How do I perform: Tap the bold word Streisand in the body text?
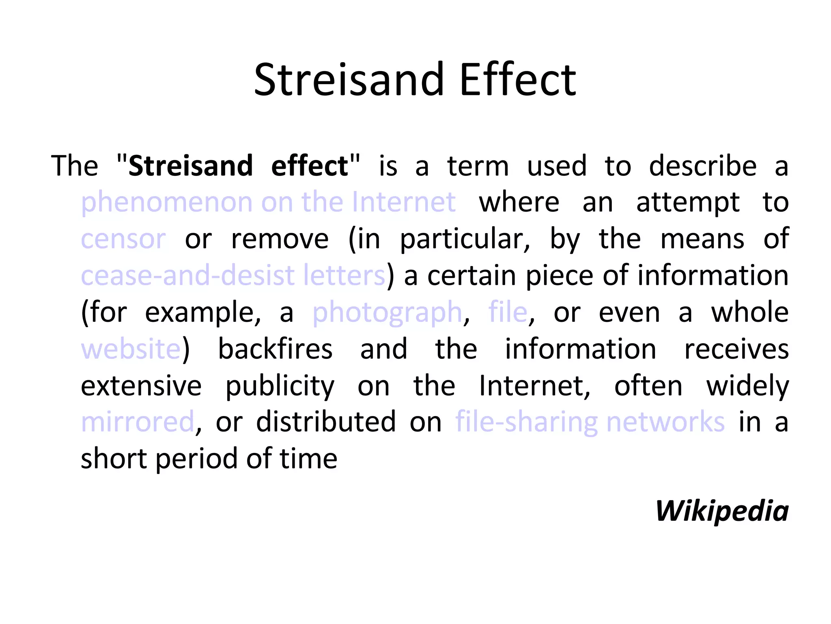pos(191,166)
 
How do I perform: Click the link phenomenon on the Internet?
pos(268,202)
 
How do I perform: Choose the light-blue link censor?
pos(123,239)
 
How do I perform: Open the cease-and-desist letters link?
pos(233,275)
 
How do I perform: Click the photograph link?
pos(387,312)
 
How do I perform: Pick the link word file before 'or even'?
pos(508,312)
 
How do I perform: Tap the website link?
pos(131,349)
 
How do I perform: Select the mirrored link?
pos(138,422)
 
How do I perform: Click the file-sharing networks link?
pos(590,422)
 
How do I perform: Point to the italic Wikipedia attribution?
pos(722,511)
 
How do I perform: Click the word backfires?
pos(276,349)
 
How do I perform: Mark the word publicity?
pos(280,386)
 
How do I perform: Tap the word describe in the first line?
pos(703,166)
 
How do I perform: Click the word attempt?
pos(688,202)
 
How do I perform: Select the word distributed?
pos(326,422)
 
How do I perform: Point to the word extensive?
pos(141,386)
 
